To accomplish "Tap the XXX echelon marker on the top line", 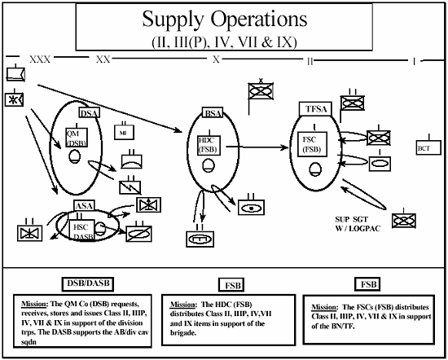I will (39, 59).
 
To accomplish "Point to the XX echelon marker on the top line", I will (103, 59).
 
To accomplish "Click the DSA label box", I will (90, 113).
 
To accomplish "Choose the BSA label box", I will (213, 114).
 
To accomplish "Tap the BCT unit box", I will (424, 148).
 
